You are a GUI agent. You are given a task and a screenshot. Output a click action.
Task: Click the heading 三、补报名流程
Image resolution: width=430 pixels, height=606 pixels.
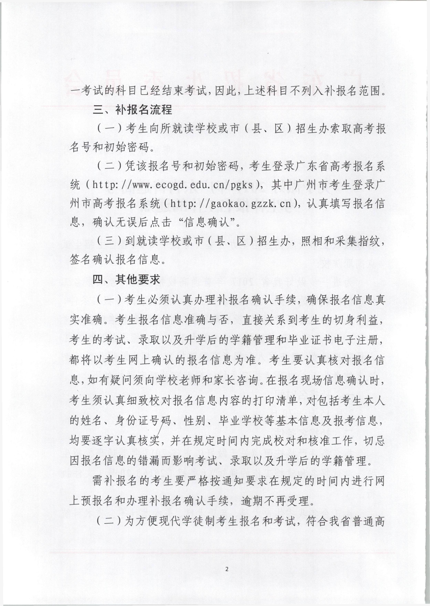point(132,109)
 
